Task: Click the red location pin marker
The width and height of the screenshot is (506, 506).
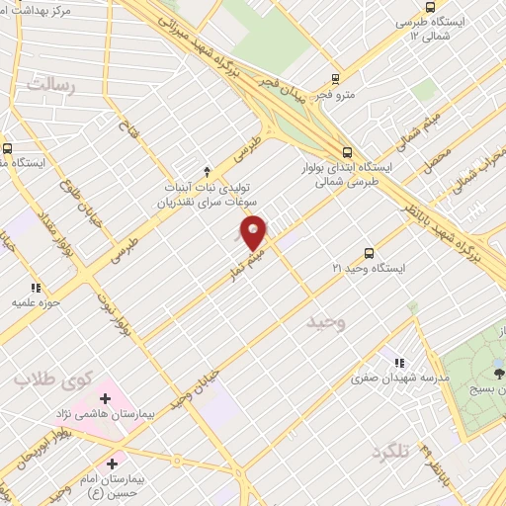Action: pos(254,231)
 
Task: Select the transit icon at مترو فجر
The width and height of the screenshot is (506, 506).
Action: pos(336,78)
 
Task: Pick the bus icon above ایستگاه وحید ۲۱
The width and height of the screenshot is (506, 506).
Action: pos(369,252)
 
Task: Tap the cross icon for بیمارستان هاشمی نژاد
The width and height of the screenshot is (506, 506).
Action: pos(105,398)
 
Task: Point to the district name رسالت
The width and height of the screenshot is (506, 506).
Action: pos(51,85)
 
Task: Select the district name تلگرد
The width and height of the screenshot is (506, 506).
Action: pos(390,453)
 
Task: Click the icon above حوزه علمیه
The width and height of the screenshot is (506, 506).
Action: pos(37,287)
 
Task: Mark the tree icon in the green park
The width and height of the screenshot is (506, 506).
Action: pos(499,373)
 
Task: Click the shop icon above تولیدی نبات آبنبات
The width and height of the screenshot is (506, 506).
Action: pos(206,170)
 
